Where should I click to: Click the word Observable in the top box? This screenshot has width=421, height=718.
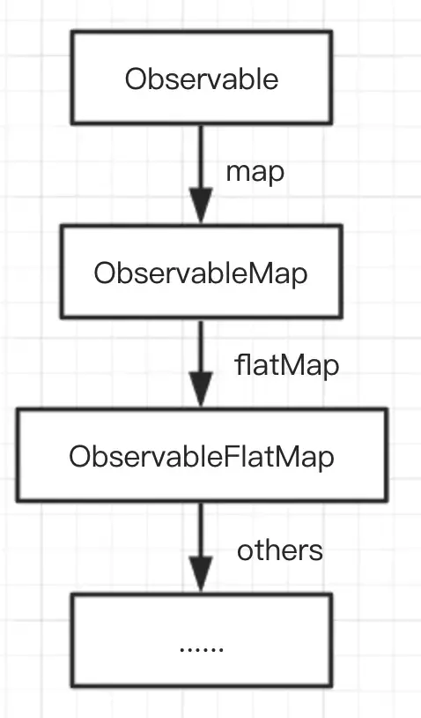tap(202, 79)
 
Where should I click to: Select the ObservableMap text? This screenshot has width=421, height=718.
tap(201, 273)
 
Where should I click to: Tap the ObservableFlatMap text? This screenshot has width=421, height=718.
tap(202, 457)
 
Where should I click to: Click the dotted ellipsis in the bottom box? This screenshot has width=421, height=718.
tap(202, 649)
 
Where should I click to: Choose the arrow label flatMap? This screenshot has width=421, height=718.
tap(286, 366)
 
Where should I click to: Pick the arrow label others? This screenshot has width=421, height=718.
tap(280, 550)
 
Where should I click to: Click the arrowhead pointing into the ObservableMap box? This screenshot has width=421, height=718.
tap(201, 206)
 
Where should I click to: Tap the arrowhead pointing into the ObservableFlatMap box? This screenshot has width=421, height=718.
tap(201, 389)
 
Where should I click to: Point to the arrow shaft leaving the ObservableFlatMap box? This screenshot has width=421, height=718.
tap(201, 529)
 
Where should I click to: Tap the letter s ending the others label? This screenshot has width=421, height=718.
tap(316, 553)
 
